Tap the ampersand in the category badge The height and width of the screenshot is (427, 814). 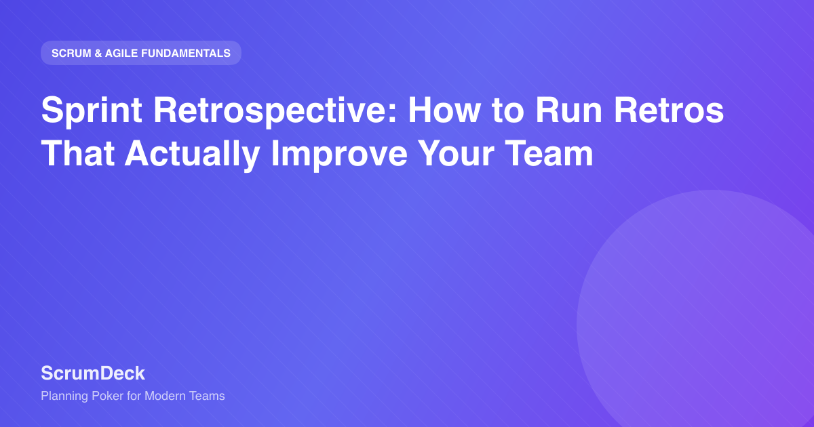98,53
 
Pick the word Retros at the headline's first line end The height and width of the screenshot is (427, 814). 669,110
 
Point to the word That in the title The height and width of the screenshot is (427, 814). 78,153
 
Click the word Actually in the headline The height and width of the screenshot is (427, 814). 192,155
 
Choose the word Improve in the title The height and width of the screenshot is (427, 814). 339,155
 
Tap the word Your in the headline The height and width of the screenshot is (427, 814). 456,153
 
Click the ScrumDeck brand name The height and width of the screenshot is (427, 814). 93,373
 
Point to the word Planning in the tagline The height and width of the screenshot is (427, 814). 64,396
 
